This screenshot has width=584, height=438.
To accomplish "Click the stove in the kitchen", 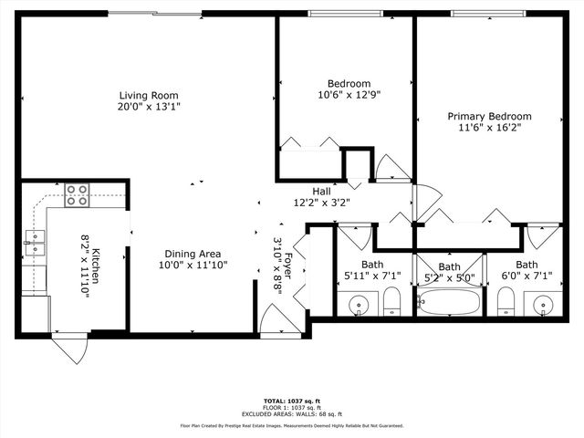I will [77, 193].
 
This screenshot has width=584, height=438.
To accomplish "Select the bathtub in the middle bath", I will [448, 302].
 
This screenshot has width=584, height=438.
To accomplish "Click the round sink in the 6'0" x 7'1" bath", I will [546, 303].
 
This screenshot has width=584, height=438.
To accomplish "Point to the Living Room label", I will [148, 95].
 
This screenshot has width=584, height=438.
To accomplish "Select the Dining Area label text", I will [192, 254].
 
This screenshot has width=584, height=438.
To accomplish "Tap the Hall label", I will [321, 191].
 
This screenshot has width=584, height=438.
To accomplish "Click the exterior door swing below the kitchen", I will [69, 348].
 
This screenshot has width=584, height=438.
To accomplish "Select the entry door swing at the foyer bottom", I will [276, 324].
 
